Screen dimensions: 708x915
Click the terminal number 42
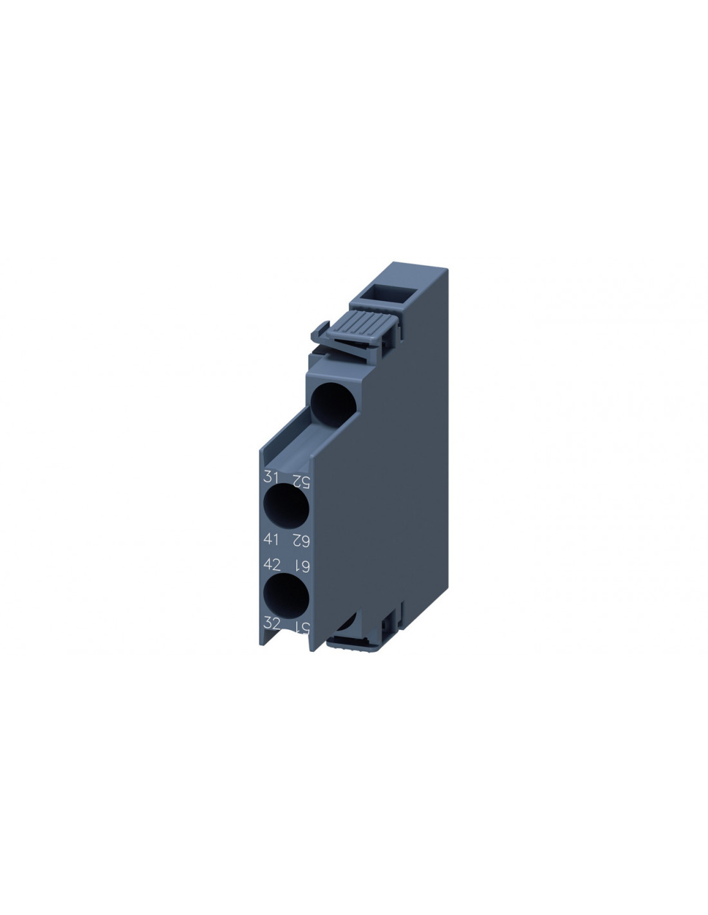(271, 564)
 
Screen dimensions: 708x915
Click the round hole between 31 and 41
(286, 506)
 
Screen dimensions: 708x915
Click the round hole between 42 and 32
(286, 596)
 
